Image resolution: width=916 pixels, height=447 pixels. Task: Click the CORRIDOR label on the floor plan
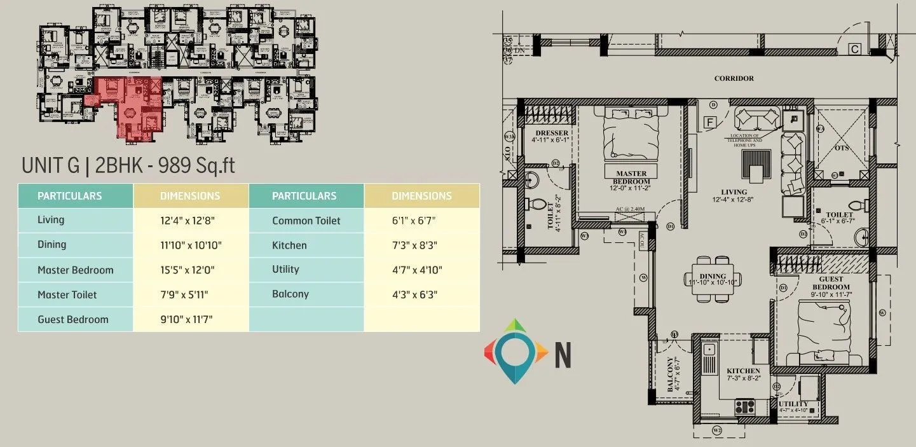(734, 78)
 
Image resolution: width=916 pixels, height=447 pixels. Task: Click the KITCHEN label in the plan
(743, 371)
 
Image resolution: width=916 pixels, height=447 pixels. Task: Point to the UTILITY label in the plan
(793, 404)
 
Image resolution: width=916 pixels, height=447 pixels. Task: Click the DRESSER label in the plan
(551, 133)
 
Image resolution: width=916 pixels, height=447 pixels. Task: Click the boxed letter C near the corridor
(855, 48)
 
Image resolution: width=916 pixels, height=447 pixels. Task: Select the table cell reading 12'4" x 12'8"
(188, 221)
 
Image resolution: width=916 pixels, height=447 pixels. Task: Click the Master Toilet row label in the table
(67, 294)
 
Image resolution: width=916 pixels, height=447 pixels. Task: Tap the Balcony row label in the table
(290, 294)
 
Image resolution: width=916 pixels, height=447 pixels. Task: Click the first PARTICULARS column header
(69, 196)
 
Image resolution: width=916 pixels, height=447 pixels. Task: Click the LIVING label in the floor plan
(734, 192)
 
